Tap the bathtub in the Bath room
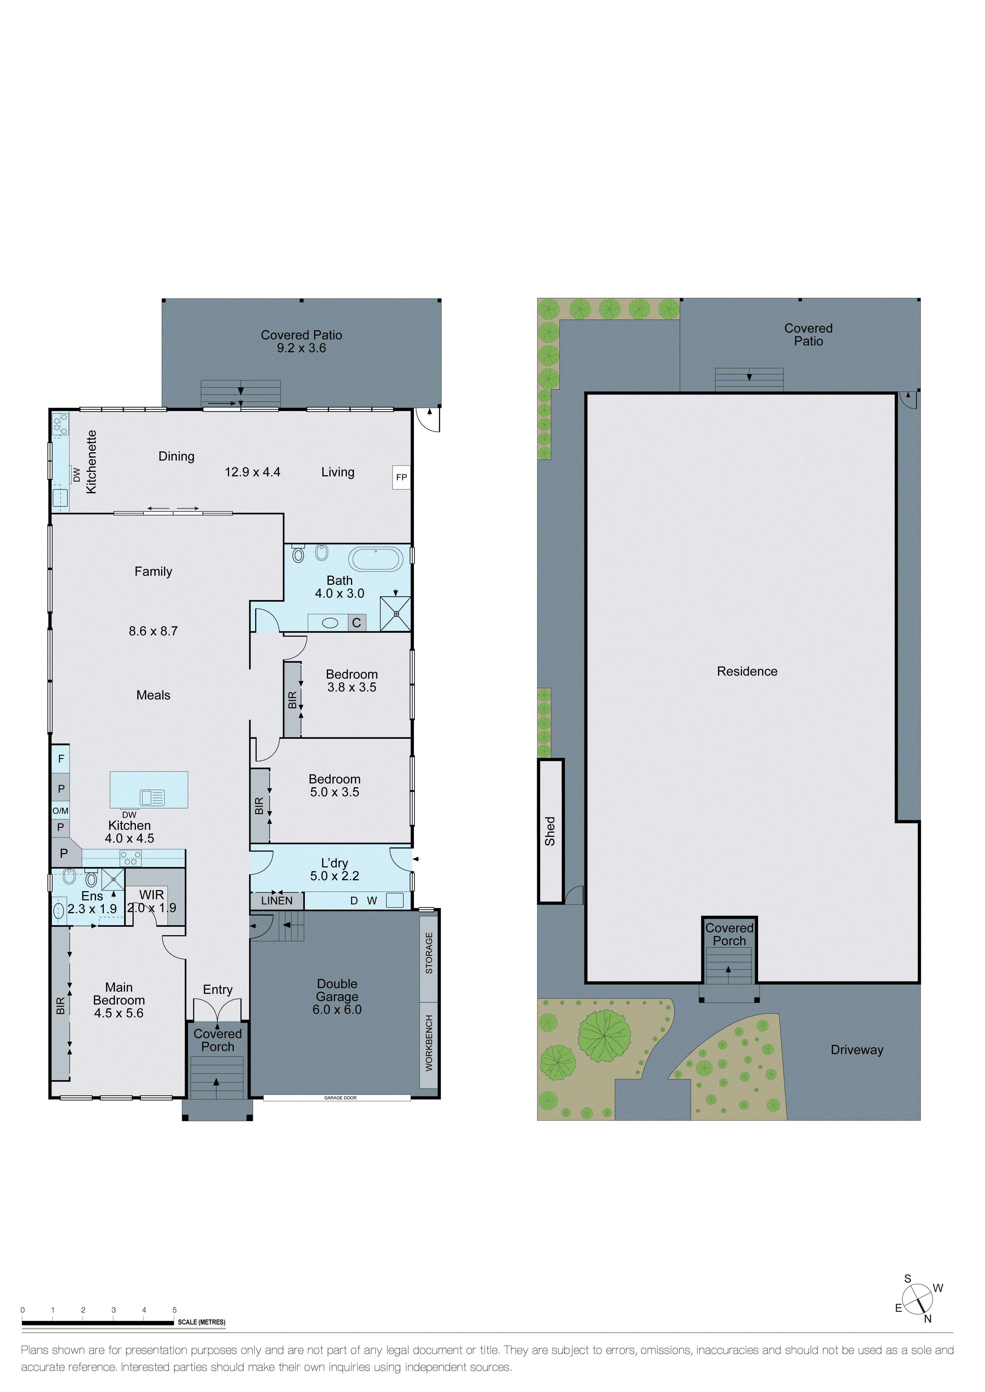pos(376,558)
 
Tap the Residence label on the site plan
pos(747,671)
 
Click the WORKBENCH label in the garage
pos(429,1043)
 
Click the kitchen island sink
pos(152,797)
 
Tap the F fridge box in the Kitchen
pos(61,758)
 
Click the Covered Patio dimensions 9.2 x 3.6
pos(301,348)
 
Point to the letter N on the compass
pos(927,1319)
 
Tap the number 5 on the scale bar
pos(175,1309)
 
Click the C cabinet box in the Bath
pos(357,623)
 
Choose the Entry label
pos(218,989)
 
